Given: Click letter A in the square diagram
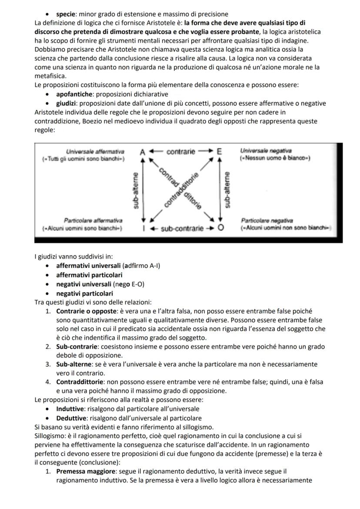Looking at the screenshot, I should tap(143, 152).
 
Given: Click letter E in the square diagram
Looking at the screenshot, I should tap(220, 152).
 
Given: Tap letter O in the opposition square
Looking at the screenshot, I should tap(221, 228).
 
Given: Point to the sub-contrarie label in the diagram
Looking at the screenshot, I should tap(182, 228).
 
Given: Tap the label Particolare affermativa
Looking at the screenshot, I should tap(93, 221).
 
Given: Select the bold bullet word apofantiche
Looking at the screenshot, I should tap(75, 94).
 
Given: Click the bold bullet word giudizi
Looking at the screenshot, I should tap(67, 103).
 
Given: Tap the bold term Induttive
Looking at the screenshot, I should tap(71, 409).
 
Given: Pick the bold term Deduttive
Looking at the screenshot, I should tap(71, 418).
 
